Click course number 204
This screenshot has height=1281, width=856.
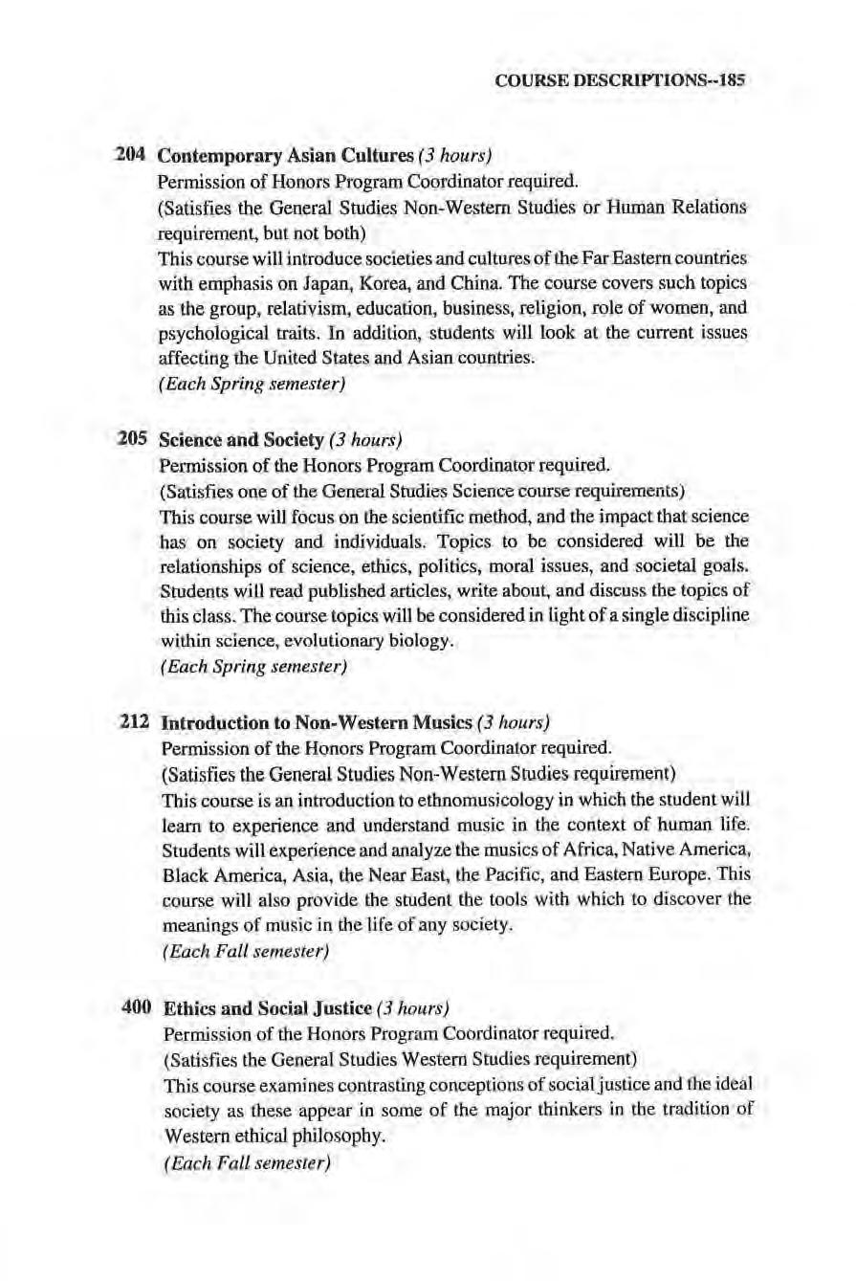point(129,155)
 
